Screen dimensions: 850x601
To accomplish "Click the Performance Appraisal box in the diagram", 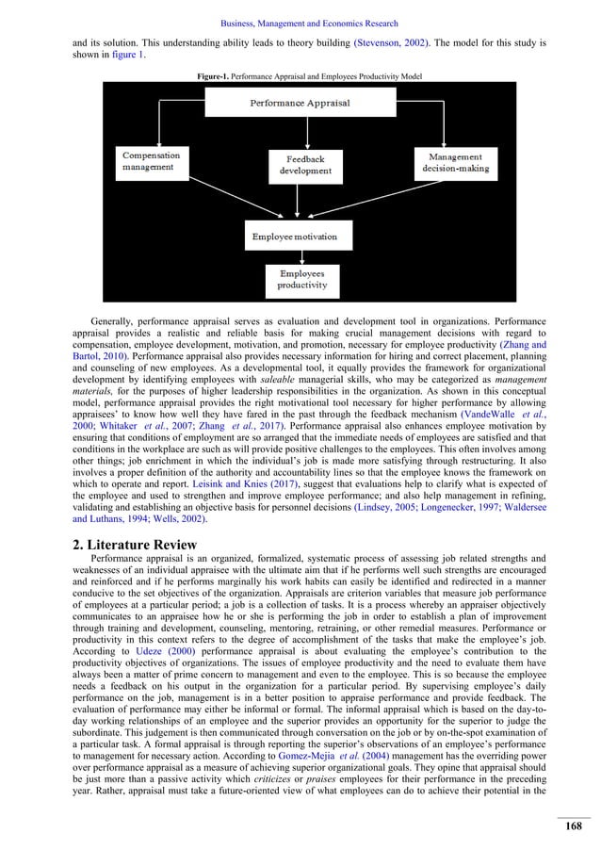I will point(300,102).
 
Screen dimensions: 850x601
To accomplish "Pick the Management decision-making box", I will point(455,162).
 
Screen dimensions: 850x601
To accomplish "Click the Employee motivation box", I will point(300,236).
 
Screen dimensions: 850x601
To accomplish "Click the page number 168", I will point(573,826).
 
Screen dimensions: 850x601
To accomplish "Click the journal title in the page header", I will point(300,24).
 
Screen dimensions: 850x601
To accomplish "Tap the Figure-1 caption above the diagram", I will point(300,73).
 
